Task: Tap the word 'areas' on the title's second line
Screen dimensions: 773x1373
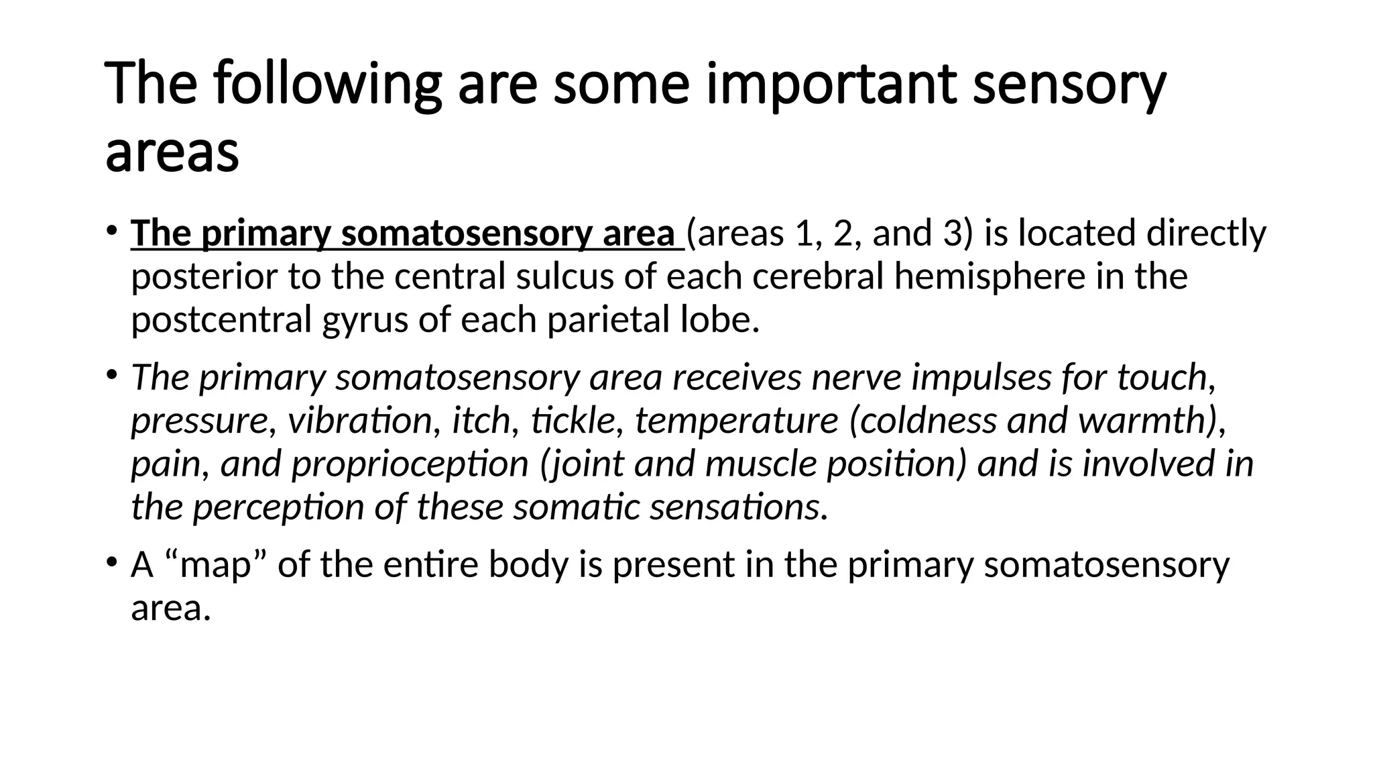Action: (x=172, y=152)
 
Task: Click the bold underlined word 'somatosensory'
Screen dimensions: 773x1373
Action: (x=467, y=234)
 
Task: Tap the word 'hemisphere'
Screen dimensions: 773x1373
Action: (x=990, y=276)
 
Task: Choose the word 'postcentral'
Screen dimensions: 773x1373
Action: (x=221, y=320)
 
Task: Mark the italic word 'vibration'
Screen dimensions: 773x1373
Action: (x=360, y=421)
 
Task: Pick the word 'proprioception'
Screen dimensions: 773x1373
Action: (x=410, y=465)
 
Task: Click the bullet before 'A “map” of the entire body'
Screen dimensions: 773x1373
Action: (x=111, y=562)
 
